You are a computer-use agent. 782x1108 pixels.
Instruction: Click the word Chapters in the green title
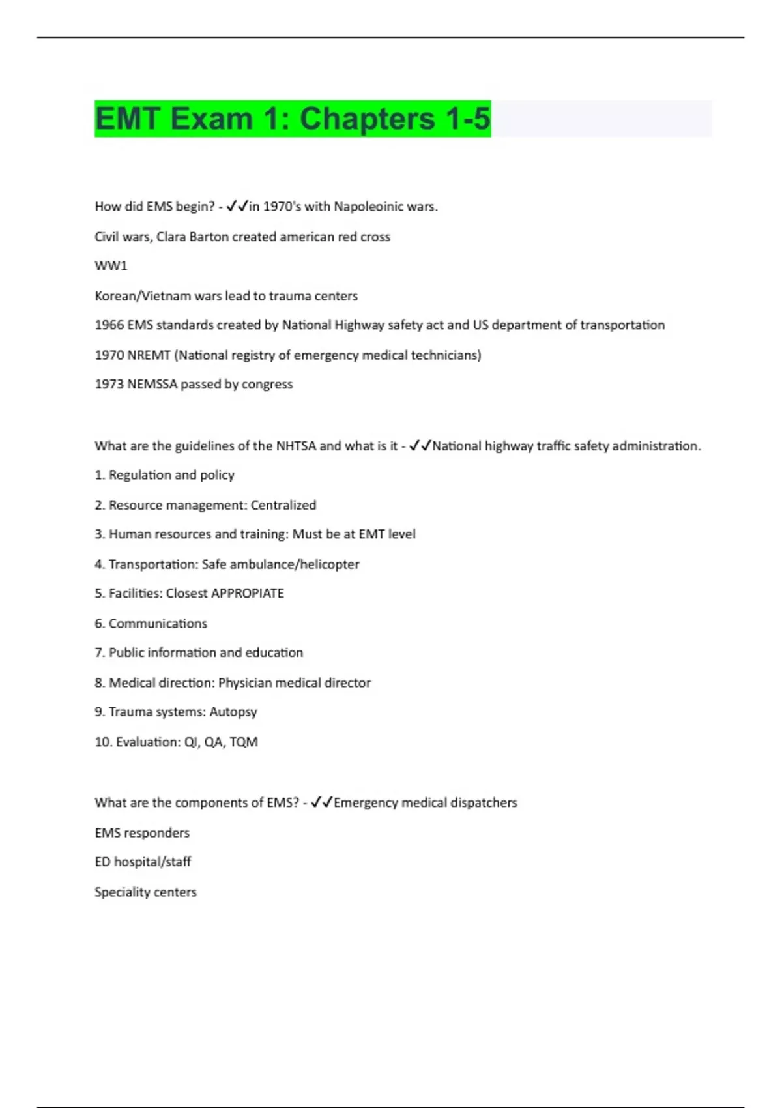click(x=367, y=119)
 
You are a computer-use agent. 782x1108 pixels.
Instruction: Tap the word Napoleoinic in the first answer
click(x=368, y=207)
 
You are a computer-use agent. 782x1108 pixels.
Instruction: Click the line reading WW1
click(x=111, y=266)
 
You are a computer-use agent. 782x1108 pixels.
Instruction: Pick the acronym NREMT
click(x=149, y=355)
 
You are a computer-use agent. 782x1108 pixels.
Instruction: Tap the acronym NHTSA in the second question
click(x=296, y=446)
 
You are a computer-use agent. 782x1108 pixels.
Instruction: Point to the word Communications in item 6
click(x=158, y=624)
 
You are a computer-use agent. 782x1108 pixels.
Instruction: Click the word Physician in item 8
click(x=244, y=683)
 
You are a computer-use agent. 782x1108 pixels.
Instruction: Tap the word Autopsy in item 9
click(x=233, y=712)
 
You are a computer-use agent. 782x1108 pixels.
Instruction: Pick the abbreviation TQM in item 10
click(x=244, y=742)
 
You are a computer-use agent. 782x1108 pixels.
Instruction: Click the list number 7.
click(x=99, y=653)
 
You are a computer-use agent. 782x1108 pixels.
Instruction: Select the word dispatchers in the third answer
click(x=483, y=802)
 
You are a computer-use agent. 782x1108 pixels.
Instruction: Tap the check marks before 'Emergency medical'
click(x=322, y=802)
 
